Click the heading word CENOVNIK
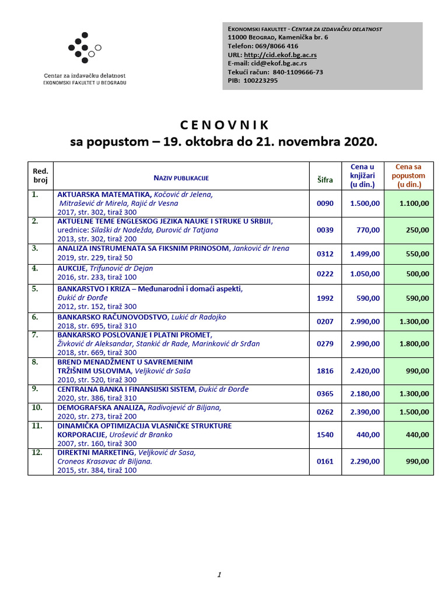(224, 125)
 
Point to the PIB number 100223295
(261, 80)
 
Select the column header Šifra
(325, 180)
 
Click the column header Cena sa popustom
(408, 175)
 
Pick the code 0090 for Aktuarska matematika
(325, 203)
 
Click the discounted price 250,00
(417, 230)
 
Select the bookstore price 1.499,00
(365, 254)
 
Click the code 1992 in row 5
(325, 298)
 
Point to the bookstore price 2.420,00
(365, 370)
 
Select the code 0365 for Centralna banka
(325, 394)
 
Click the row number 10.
(37, 408)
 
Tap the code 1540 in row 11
(325, 434)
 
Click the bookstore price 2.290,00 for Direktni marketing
(365, 461)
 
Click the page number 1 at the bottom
(219, 575)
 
